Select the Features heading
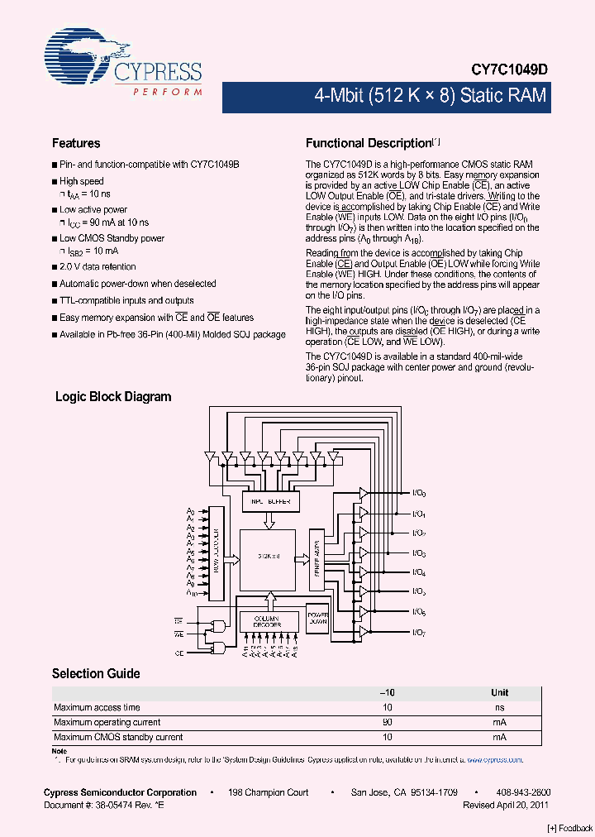[76, 143]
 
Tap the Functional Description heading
[369, 143]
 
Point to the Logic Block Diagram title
[113, 397]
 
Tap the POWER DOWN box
[317, 619]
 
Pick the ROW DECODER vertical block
[217, 553]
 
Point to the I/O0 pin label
[418, 494]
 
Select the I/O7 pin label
[418, 633]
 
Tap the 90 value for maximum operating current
[387, 722]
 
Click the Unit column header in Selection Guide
[499, 692]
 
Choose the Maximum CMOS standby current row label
[118, 737]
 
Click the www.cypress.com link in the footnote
[494, 759]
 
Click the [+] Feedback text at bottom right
[570, 828]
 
